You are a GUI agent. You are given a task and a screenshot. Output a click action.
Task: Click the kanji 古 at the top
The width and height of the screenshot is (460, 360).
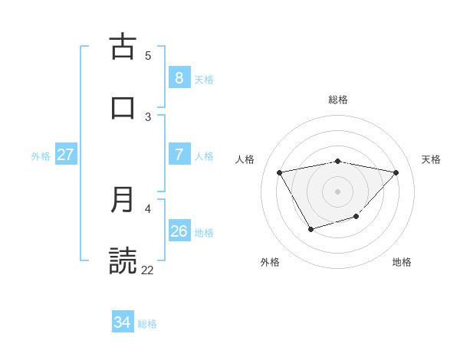(123, 47)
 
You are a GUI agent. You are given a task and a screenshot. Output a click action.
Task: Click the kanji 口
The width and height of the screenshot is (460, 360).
(123, 108)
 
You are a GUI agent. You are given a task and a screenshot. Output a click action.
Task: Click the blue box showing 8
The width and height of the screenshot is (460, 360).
(179, 77)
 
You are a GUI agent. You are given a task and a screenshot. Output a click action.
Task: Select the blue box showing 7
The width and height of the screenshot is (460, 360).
(179, 154)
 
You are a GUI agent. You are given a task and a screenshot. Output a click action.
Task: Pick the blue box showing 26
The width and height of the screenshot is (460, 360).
(179, 231)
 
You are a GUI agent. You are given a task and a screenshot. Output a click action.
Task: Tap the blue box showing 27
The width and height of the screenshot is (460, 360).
(65, 154)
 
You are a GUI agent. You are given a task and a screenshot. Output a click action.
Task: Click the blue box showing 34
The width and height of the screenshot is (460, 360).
(123, 322)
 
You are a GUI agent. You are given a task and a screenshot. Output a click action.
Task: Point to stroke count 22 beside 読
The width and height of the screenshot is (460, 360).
(148, 270)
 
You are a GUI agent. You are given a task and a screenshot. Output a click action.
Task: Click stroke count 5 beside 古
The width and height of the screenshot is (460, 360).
(148, 55)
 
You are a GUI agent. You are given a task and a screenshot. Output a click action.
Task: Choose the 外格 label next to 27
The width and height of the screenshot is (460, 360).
(41, 155)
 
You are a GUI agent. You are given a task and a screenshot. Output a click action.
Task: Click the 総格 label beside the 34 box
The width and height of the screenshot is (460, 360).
(147, 324)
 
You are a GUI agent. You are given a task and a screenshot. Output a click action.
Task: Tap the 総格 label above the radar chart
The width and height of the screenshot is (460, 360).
(338, 100)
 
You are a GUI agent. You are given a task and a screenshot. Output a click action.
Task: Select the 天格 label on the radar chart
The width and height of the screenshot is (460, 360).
(432, 159)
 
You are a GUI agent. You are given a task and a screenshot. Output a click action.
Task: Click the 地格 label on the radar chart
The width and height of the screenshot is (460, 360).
(402, 262)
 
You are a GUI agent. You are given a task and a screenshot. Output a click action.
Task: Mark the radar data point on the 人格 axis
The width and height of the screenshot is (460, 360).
(280, 172)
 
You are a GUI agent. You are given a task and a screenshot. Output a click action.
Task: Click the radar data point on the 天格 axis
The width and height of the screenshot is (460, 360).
(396, 172)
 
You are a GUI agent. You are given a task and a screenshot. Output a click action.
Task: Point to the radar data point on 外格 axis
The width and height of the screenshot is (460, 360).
(310, 229)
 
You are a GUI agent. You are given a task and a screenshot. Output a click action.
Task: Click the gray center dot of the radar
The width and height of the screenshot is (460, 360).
(338, 191)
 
